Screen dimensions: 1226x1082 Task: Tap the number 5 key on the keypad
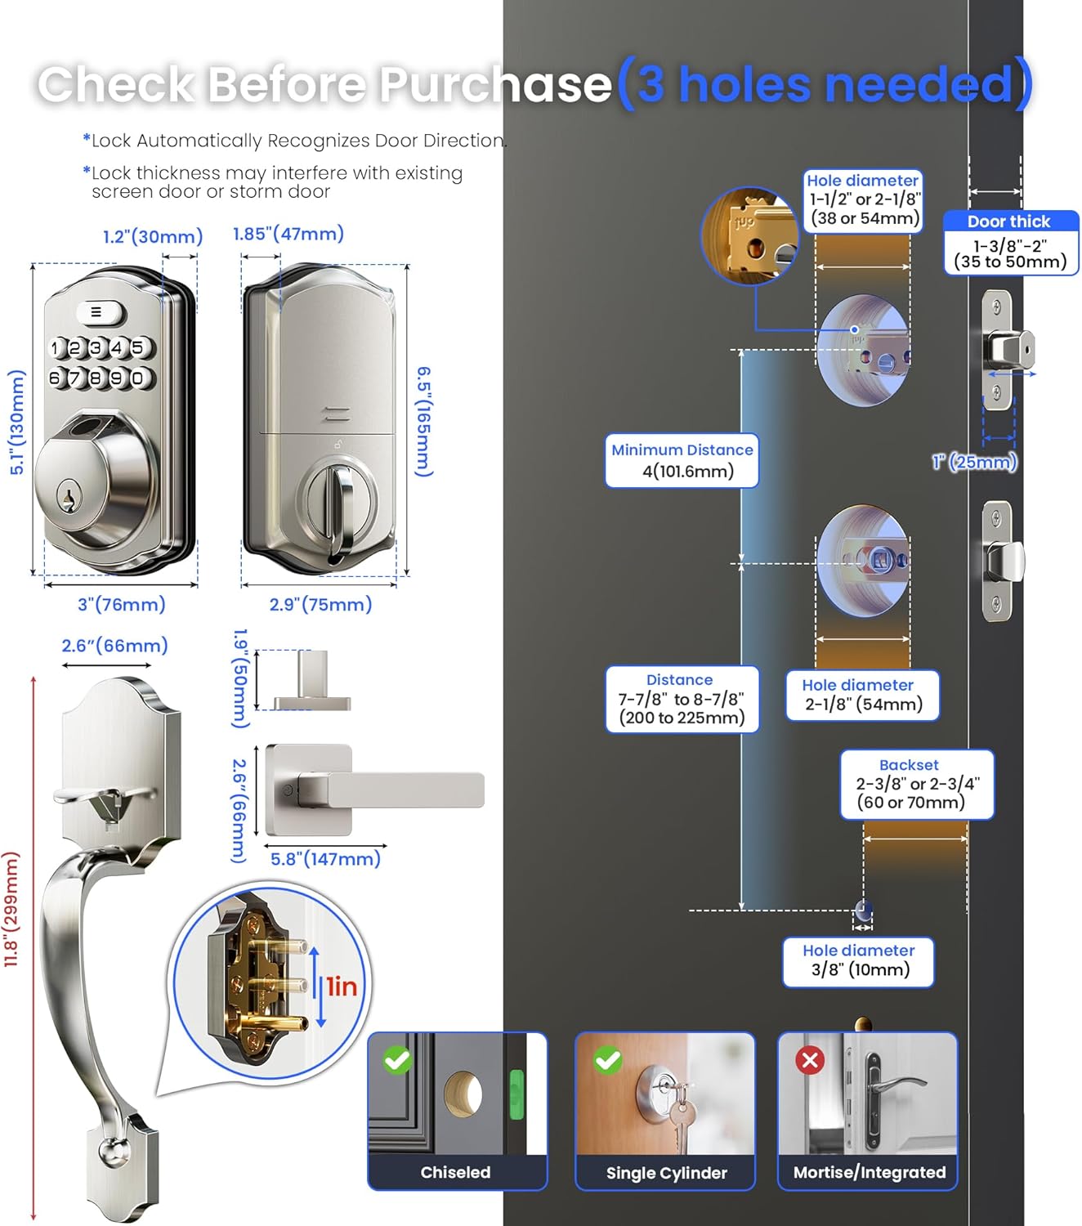tap(137, 347)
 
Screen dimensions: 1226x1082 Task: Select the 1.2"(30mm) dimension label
tap(153, 236)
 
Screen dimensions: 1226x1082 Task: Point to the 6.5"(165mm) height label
tap(423, 421)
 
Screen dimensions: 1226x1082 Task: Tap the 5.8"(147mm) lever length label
tap(325, 859)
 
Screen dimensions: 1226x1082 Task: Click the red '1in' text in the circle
tap(342, 987)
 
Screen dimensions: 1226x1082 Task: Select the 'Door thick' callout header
tap(1008, 221)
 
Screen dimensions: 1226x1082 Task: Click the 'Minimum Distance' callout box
tap(682, 460)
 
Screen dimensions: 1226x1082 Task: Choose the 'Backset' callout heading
tap(909, 765)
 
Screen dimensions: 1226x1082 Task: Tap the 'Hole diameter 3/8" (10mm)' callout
tap(858, 961)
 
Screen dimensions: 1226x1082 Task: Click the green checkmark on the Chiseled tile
tap(397, 1060)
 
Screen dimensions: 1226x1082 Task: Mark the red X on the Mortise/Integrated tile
tap(810, 1060)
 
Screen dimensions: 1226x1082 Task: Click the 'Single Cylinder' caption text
tap(666, 1173)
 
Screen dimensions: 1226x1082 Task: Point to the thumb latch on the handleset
tap(90, 793)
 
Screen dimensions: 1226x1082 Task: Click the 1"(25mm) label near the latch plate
tap(975, 462)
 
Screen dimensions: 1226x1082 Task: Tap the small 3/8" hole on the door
tap(863, 911)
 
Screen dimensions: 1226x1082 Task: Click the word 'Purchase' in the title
tap(495, 84)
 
